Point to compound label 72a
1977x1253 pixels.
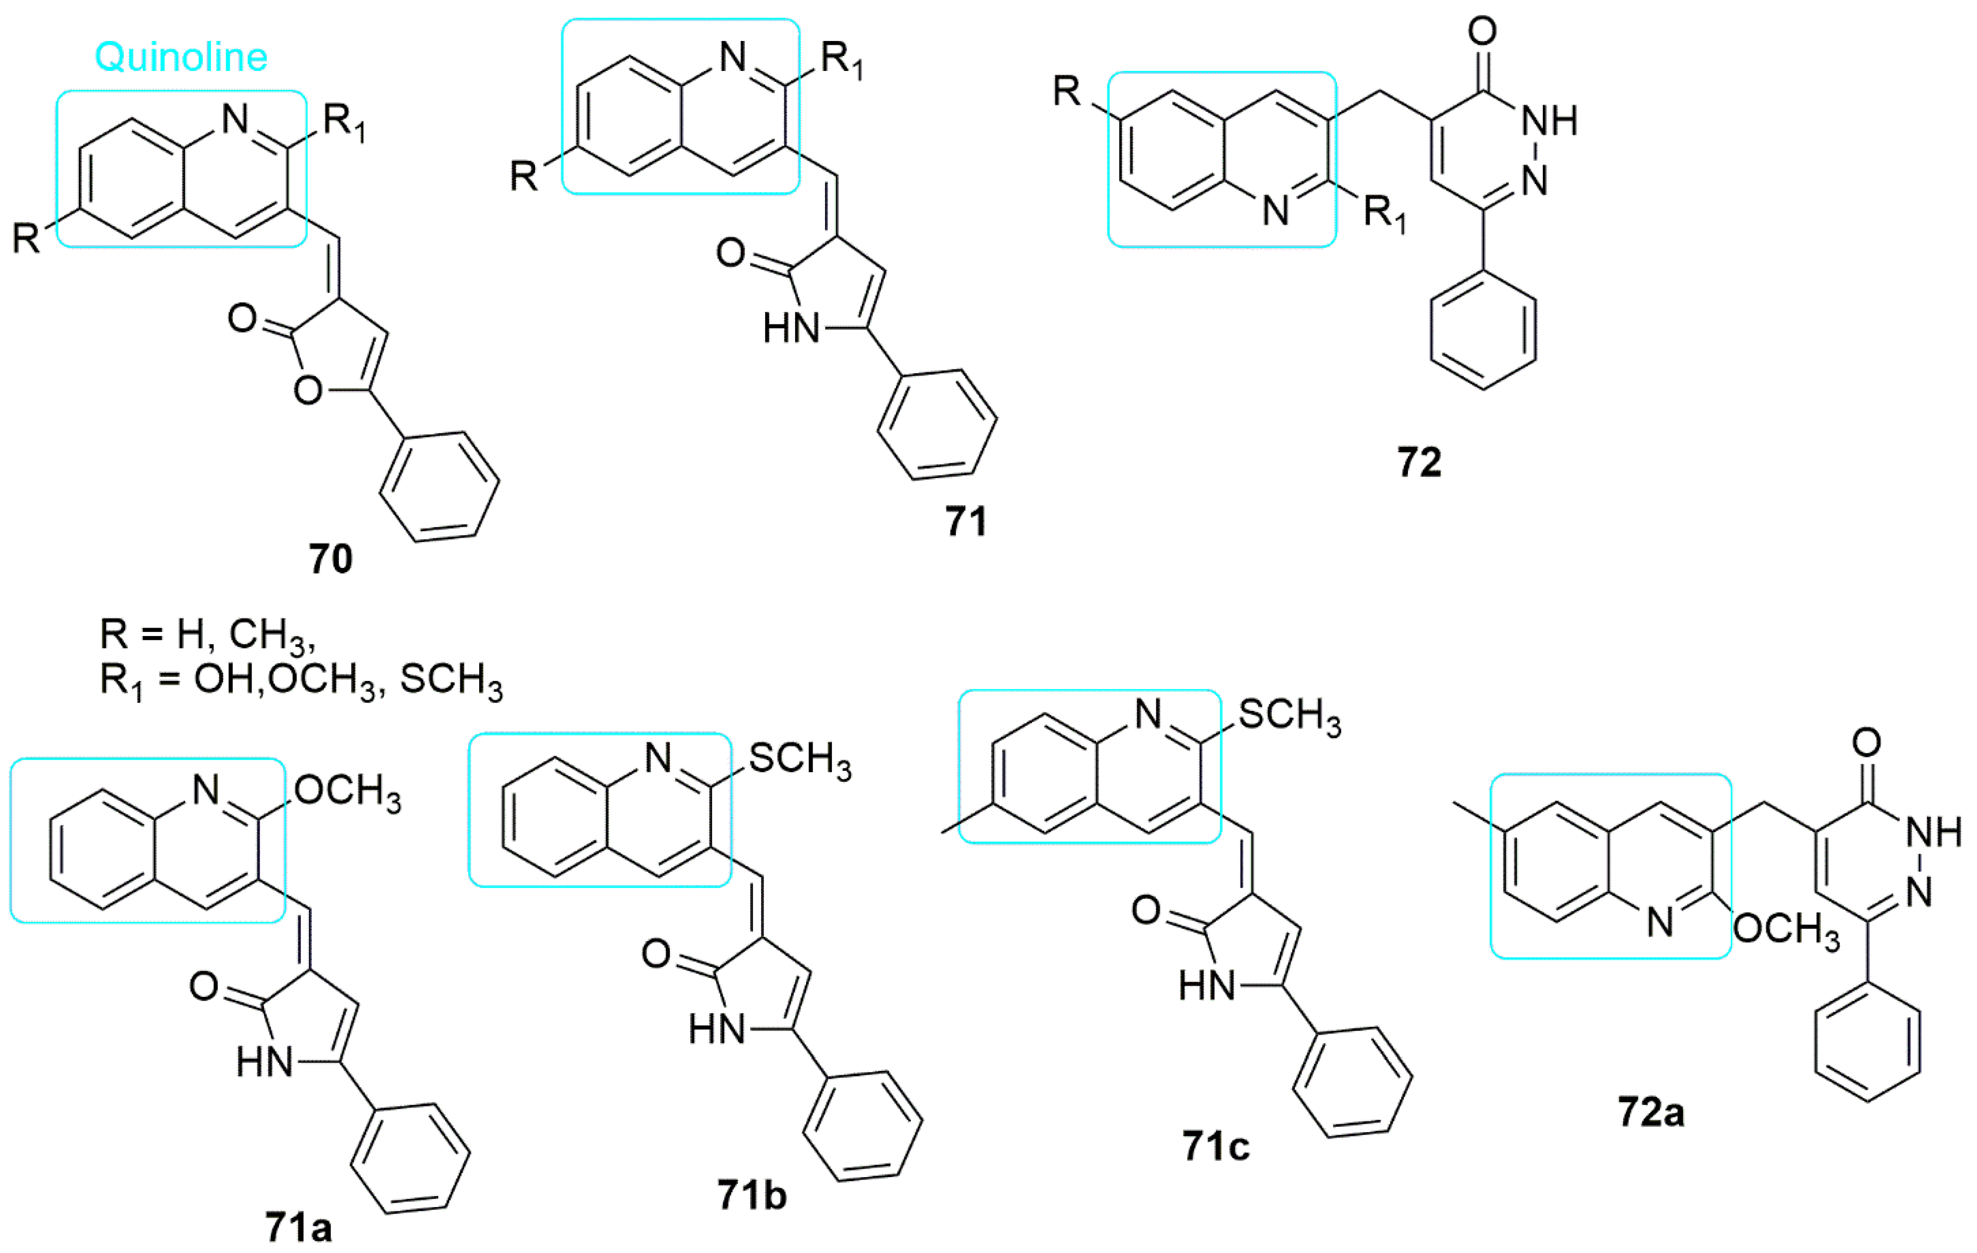(1651, 1113)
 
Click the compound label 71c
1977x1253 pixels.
(1216, 1146)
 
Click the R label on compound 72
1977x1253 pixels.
(1067, 91)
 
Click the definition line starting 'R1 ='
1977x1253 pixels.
(301, 681)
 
